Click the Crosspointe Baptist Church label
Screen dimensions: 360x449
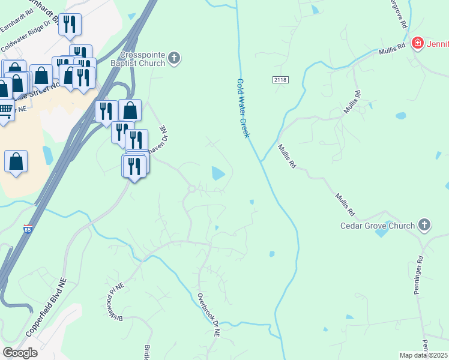141,59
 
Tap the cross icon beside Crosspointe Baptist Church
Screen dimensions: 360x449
174,58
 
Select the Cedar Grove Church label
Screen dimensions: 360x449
377,226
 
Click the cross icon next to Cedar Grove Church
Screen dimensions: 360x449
424,225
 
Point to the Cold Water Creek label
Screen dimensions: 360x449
243,108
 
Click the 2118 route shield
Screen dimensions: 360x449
280,80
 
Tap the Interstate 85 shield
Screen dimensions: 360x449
28,229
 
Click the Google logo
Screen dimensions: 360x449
20,353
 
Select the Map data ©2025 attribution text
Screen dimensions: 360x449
424,355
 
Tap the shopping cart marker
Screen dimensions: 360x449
5,110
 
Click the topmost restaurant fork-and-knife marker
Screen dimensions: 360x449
70,24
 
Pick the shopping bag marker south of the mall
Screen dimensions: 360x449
16,161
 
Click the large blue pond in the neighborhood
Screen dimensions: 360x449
217,174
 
